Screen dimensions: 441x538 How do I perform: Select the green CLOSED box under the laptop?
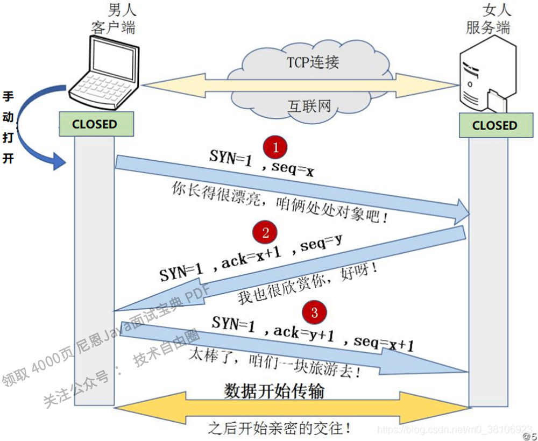(95, 124)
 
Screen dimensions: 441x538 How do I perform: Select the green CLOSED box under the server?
(494, 125)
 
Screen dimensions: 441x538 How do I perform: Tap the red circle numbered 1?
(276, 147)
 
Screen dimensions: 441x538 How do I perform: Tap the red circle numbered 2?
(265, 232)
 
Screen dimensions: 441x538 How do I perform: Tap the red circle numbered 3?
(315, 312)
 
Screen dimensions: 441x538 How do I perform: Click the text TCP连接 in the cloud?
(313, 62)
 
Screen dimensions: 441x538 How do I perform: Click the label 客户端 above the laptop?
(112, 28)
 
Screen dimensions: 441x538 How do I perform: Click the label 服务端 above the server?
(487, 28)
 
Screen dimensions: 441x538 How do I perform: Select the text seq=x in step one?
(293, 170)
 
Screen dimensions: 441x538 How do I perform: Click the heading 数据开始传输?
(274, 392)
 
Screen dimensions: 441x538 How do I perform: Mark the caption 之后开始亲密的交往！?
(280, 428)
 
